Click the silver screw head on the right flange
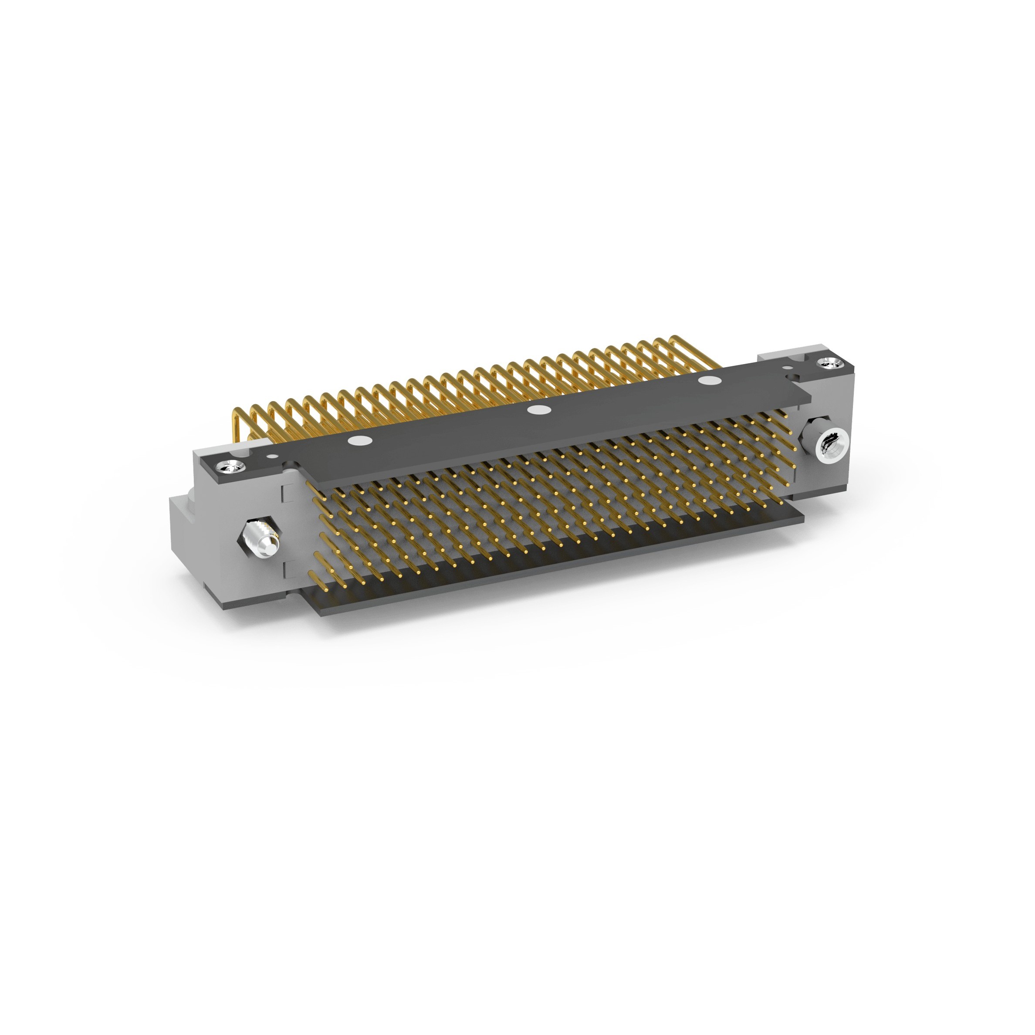[x=828, y=363]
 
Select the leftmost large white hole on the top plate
[x=360, y=441]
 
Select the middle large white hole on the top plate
[x=538, y=411]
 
